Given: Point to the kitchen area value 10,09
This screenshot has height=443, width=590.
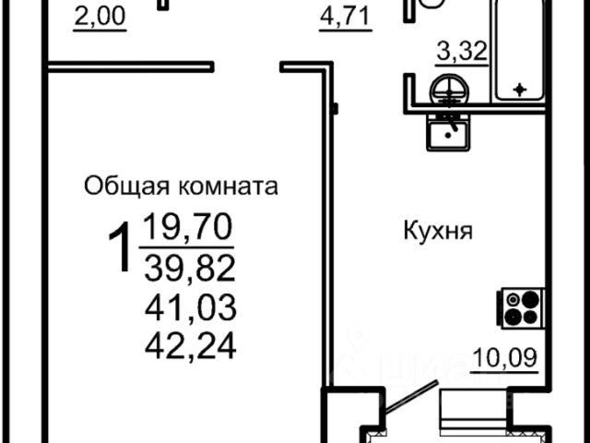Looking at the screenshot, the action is point(503,356).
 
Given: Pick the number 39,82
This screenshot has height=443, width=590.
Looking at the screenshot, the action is point(190,269).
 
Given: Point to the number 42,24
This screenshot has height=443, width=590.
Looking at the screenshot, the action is point(190,345).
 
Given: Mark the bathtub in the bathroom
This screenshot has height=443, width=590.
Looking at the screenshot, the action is point(522,51).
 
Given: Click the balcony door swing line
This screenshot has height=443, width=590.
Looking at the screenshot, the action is point(408,399).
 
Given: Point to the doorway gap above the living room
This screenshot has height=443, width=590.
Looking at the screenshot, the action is point(247,66).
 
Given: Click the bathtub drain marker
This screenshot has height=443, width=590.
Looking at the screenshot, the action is point(521,89).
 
